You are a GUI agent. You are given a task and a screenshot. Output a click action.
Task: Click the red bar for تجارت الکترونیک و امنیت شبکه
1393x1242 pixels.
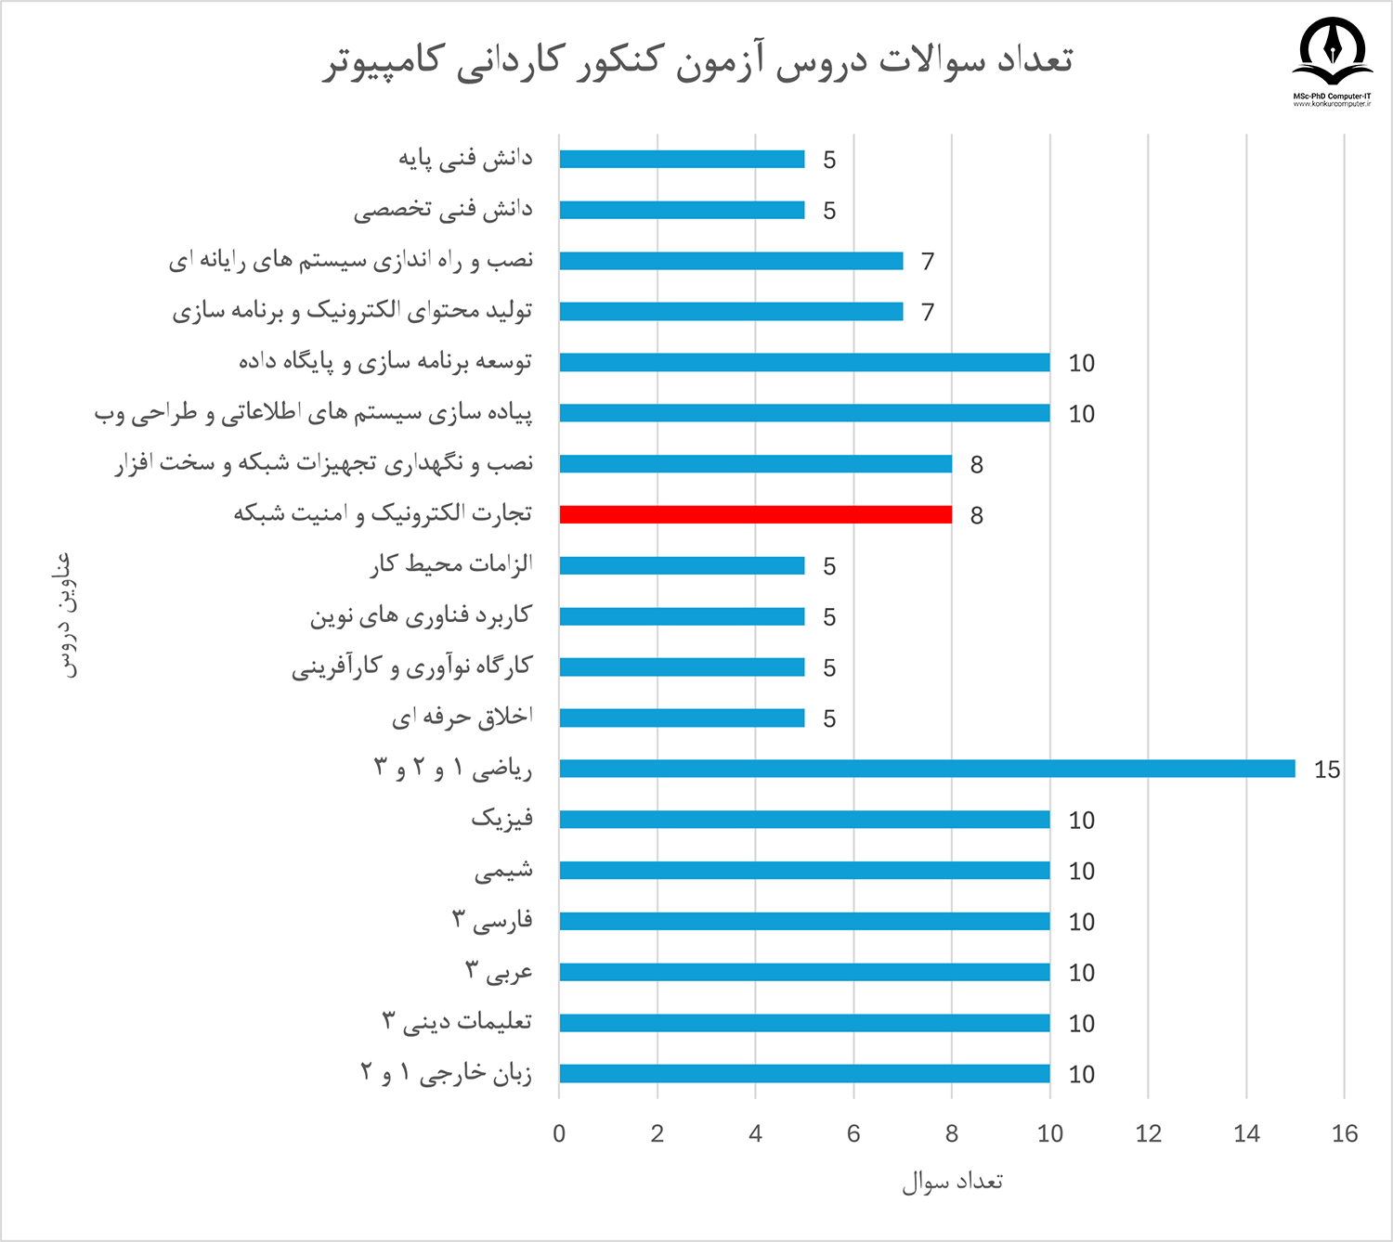755,514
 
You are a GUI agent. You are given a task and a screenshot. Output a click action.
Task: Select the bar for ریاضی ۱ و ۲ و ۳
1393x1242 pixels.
927,769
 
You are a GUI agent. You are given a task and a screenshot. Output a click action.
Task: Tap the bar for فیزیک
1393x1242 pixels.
804,820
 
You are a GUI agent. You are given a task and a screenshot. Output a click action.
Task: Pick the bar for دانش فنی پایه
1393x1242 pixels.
682,159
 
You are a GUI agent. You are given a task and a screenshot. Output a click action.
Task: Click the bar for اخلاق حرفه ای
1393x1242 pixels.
682,718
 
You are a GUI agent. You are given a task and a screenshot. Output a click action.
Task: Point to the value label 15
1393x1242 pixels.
1327,770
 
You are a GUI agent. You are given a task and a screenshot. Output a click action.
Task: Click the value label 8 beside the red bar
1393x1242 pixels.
976,515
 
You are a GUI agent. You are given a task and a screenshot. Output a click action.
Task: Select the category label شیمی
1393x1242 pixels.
503,871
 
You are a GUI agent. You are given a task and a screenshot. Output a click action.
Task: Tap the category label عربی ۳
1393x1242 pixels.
499,972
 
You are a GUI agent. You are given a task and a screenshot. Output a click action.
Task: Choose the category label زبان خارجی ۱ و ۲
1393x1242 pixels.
446,1074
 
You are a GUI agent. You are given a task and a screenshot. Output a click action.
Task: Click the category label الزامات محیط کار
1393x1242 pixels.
451,564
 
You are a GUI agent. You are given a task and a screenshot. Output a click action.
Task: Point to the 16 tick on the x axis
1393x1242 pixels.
1344,1133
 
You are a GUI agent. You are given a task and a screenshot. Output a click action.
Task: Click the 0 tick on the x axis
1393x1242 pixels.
559,1133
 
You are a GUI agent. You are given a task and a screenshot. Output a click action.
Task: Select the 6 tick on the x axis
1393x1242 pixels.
853,1133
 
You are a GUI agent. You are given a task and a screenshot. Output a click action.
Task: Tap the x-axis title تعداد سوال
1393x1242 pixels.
952,1182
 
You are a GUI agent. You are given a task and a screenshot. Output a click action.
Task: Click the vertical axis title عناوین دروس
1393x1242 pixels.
66,615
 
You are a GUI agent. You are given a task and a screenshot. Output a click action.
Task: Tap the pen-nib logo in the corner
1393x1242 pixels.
1332,51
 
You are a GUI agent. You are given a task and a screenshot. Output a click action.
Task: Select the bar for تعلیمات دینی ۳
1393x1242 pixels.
804,1023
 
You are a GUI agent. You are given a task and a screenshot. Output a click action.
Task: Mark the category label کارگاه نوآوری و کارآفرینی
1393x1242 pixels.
411,666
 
